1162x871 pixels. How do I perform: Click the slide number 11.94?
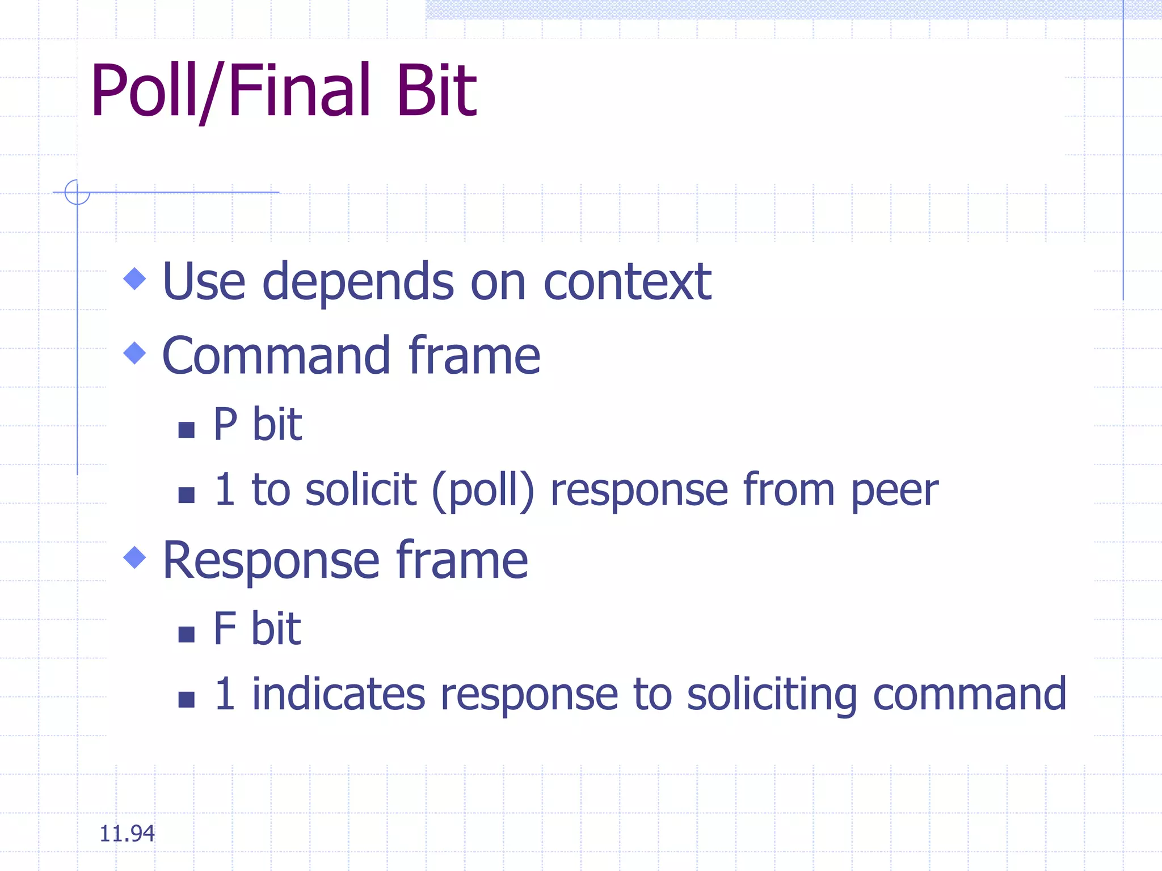[127, 834]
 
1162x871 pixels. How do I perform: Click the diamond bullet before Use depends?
[134, 278]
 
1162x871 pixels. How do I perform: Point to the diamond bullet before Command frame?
[134, 353]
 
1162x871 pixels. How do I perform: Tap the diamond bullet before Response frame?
[134, 557]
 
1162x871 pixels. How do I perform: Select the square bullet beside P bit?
[186, 430]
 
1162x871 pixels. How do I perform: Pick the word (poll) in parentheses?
[483, 491]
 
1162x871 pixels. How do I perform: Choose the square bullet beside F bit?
[186, 634]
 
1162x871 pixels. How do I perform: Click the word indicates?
[338, 694]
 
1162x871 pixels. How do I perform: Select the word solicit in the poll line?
[361, 489]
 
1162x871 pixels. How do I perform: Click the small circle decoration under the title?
[77, 192]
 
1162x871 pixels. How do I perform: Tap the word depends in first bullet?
[357, 282]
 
